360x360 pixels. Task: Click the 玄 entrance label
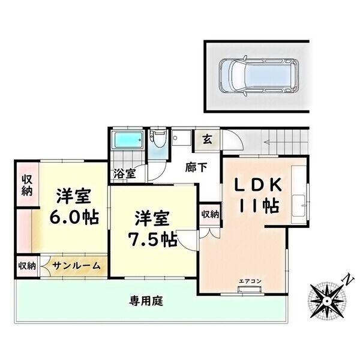(x=206, y=142)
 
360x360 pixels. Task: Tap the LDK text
(x=253, y=184)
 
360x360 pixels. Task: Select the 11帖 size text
(x=258, y=206)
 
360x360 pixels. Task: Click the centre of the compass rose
(x=327, y=298)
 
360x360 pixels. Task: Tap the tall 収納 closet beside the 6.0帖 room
(x=26, y=186)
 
